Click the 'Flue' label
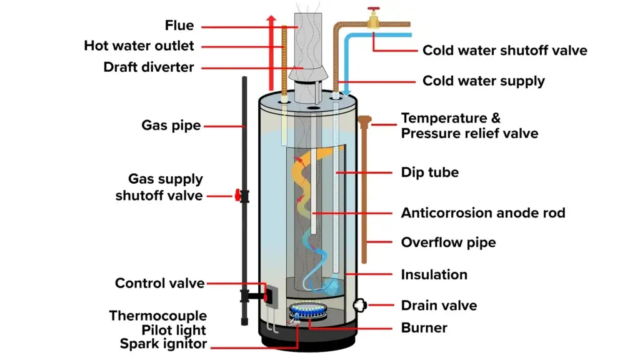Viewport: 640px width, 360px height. [179, 26]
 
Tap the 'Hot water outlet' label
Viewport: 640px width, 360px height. [139, 46]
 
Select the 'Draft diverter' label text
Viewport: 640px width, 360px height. [149, 66]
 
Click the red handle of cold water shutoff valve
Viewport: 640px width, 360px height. [373, 12]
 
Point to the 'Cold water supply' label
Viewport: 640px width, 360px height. [483, 81]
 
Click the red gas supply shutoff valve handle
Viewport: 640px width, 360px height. [237, 196]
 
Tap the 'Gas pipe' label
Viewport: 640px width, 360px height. [171, 125]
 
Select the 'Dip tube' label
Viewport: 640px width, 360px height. [429, 172]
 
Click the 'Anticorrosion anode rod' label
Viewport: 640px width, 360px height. [482, 212]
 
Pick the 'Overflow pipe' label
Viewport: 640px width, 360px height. [448, 242]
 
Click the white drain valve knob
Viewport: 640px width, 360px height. [361, 305]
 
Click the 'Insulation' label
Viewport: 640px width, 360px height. [434, 274]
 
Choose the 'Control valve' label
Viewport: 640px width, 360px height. [159, 283]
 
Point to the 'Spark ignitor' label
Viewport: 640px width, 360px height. [162, 344]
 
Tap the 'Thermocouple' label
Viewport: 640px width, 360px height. [157, 316]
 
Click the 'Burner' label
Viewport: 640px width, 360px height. [424, 327]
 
